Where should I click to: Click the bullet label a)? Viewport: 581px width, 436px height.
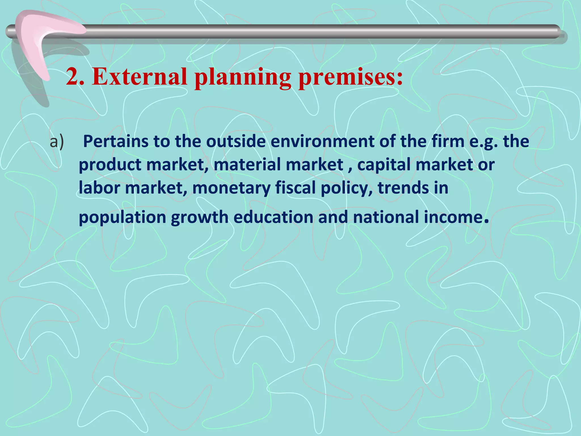pyautogui.click(x=57, y=142)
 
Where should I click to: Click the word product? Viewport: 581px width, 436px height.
pyautogui.click(x=110, y=165)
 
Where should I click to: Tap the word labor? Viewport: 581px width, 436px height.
pyautogui.click(x=99, y=188)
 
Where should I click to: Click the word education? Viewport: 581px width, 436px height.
pyautogui.click(x=273, y=217)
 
